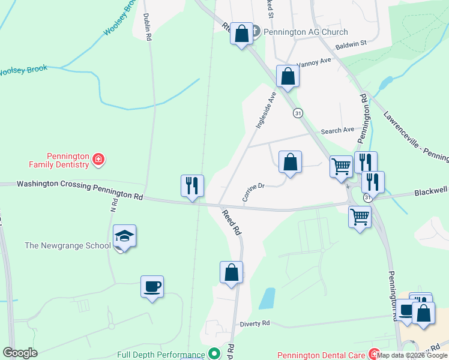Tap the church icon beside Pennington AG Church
(254, 31)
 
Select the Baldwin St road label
(351, 43)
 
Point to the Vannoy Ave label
(317, 63)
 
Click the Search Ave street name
(337, 130)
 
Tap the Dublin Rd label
(147, 27)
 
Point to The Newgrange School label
(67, 245)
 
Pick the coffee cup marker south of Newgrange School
(152, 286)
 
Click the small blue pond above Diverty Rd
(267, 298)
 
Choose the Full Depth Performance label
(161, 355)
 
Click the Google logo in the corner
(20, 353)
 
